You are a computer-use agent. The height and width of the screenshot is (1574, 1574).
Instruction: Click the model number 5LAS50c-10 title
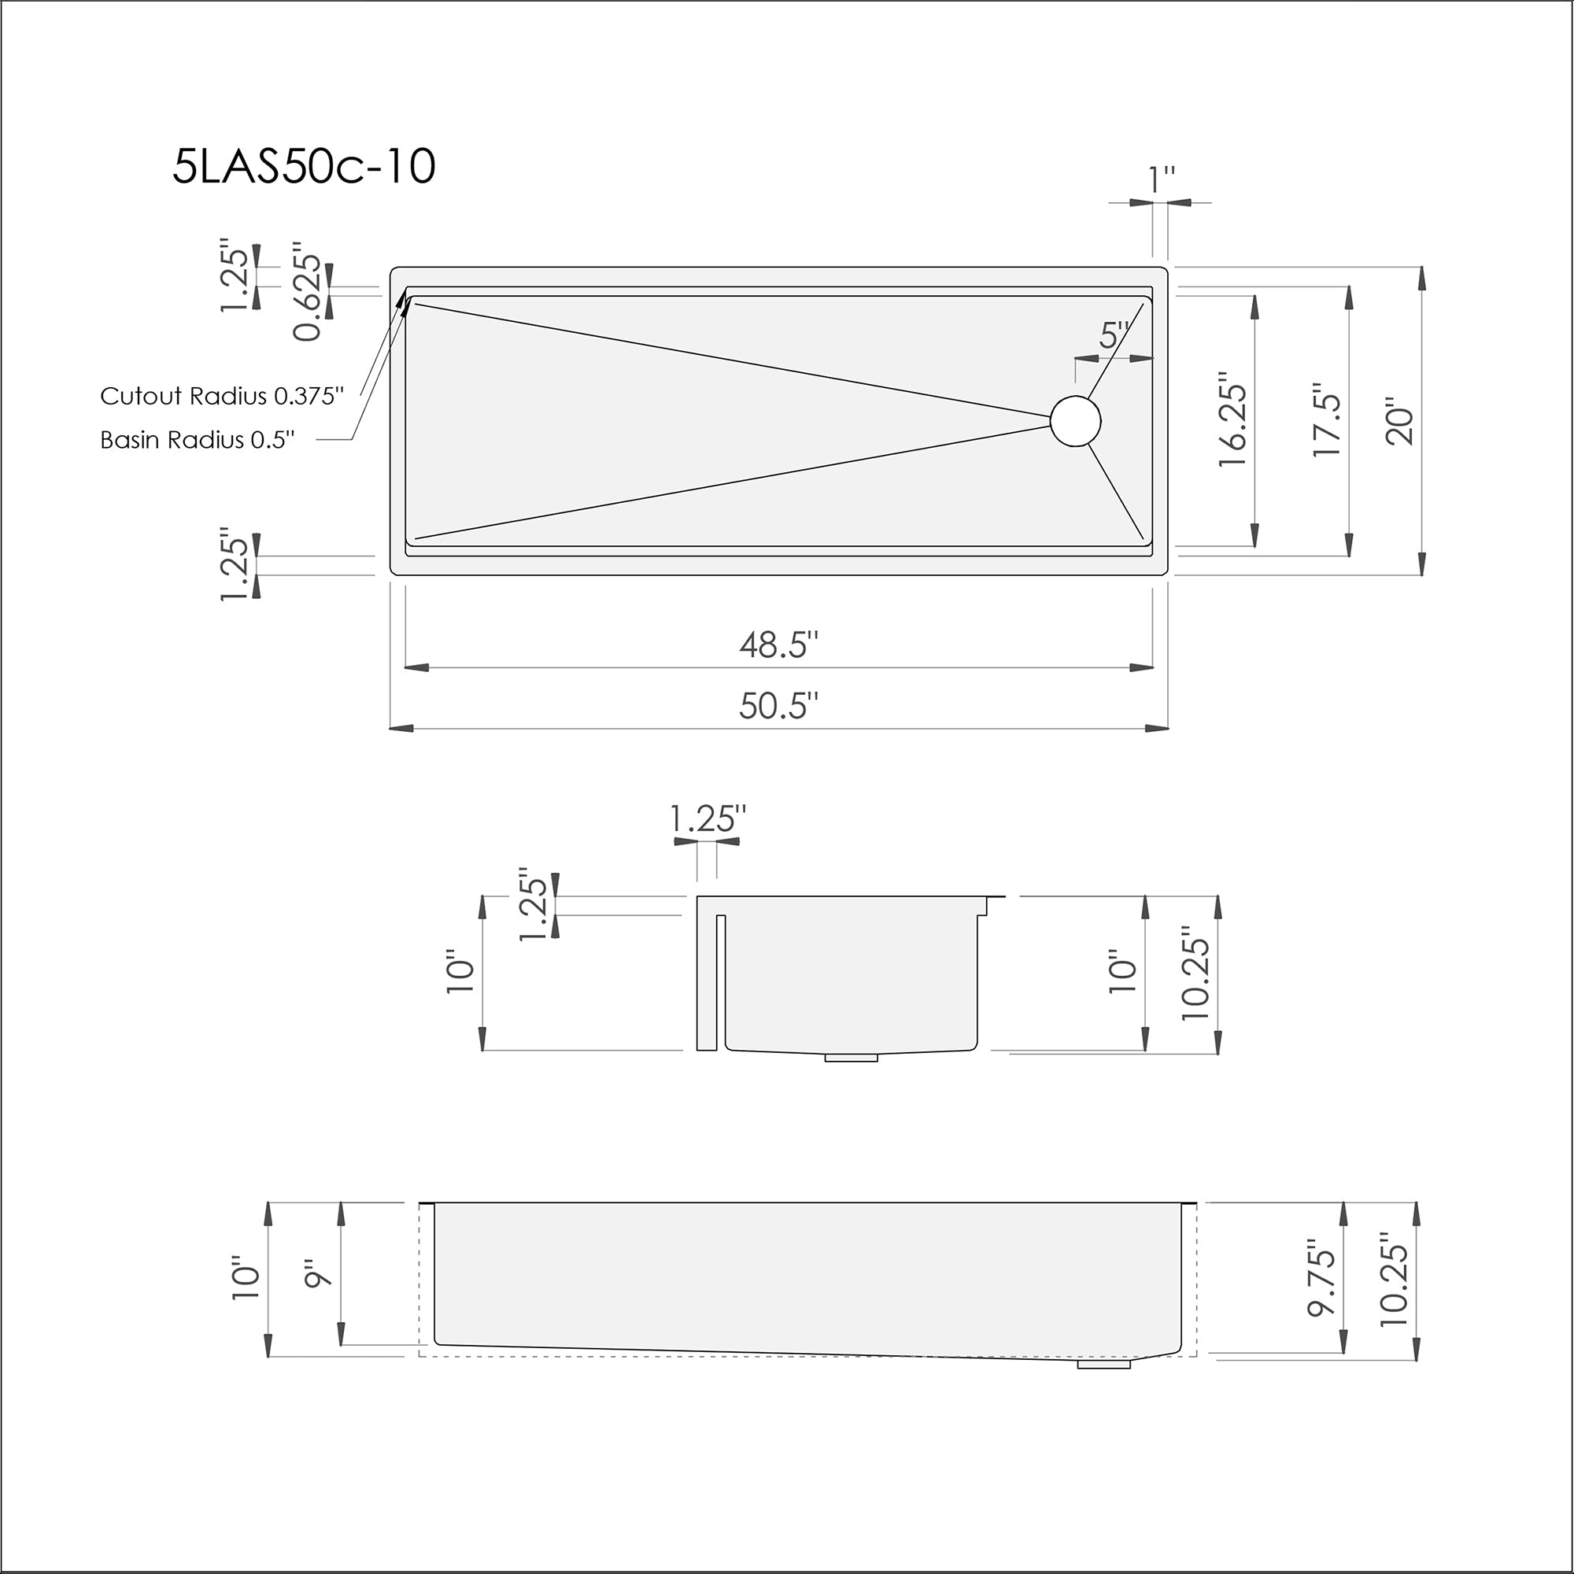tap(304, 167)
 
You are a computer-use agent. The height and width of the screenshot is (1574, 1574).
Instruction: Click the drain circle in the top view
tap(1075, 420)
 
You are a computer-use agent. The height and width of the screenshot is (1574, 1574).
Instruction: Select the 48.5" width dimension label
tap(778, 645)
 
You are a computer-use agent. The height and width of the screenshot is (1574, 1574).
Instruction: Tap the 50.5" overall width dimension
tap(778, 705)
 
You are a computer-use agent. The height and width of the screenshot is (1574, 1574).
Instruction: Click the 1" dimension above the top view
tap(1161, 180)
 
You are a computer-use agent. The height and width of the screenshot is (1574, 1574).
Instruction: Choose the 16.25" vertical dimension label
tap(1232, 420)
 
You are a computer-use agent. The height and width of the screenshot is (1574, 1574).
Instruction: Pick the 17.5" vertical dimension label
tap(1327, 420)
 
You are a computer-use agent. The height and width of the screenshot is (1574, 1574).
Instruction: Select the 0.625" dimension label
tap(308, 291)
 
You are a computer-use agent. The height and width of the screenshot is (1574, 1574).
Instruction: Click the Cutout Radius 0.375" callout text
tap(222, 396)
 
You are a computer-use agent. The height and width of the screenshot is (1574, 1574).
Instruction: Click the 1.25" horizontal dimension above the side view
tap(707, 818)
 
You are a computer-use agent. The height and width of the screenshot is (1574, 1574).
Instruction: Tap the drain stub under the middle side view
tap(851, 1058)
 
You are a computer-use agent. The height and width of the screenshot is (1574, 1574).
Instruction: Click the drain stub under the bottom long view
tap(1104, 1363)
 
